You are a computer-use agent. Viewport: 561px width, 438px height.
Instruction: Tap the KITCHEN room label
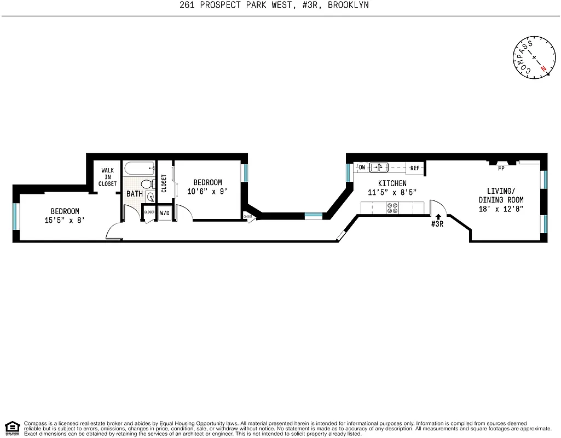click(392, 183)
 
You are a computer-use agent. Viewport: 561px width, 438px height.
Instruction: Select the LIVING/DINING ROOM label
click(501, 195)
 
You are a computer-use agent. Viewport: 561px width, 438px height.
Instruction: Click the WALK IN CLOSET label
click(107, 177)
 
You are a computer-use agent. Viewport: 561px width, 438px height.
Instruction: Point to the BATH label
click(135, 194)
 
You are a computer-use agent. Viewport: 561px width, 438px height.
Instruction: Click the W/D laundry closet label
click(165, 212)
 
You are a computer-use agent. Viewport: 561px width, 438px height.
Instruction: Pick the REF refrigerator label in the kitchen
click(415, 168)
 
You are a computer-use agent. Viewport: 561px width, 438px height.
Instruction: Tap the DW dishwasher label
click(362, 168)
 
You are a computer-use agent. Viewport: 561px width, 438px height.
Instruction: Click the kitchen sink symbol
click(378, 168)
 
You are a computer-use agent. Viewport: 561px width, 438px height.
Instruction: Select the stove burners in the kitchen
click(392, 208)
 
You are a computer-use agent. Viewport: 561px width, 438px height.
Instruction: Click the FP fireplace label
click(501, 169)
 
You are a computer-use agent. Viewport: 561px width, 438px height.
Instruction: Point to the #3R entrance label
click(437, 224)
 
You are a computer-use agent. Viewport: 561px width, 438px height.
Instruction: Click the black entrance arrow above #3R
click(437, 217)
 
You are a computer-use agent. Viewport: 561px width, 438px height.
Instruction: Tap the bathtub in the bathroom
click(139, 168)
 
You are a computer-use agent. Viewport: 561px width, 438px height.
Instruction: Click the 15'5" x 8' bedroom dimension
click(65, 220)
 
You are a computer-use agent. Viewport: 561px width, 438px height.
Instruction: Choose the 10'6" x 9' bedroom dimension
click(207, 192)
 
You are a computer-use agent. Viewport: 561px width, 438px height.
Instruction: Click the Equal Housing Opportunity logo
click(12, 428)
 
